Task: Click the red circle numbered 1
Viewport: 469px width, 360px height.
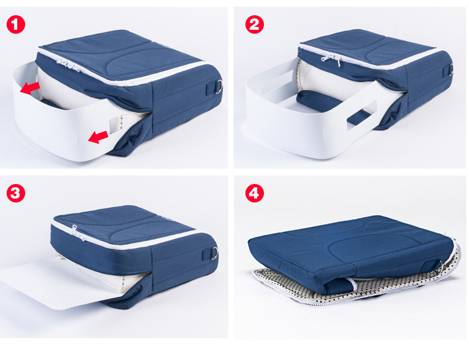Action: click(x=16, y=24)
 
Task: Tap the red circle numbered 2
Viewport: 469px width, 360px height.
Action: click(x=255, y=24)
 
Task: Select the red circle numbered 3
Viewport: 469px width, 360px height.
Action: click(x=16, y=193)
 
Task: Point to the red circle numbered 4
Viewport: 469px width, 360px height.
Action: click(x=255, y=193)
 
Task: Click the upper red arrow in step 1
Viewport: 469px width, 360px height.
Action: click(x=30, y=88)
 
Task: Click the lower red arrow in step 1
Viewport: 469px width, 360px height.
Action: click(x=98, y=137)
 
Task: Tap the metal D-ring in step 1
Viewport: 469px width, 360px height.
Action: click(x=219, y=87)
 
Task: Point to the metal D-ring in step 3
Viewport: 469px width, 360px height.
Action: click(x=214, y=253)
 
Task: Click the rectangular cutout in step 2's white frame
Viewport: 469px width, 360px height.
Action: click(x=361, y=115)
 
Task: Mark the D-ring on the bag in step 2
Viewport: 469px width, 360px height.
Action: click(x=450, y=70)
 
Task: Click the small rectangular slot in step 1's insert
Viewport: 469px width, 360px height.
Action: click(x=115, y=125)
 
